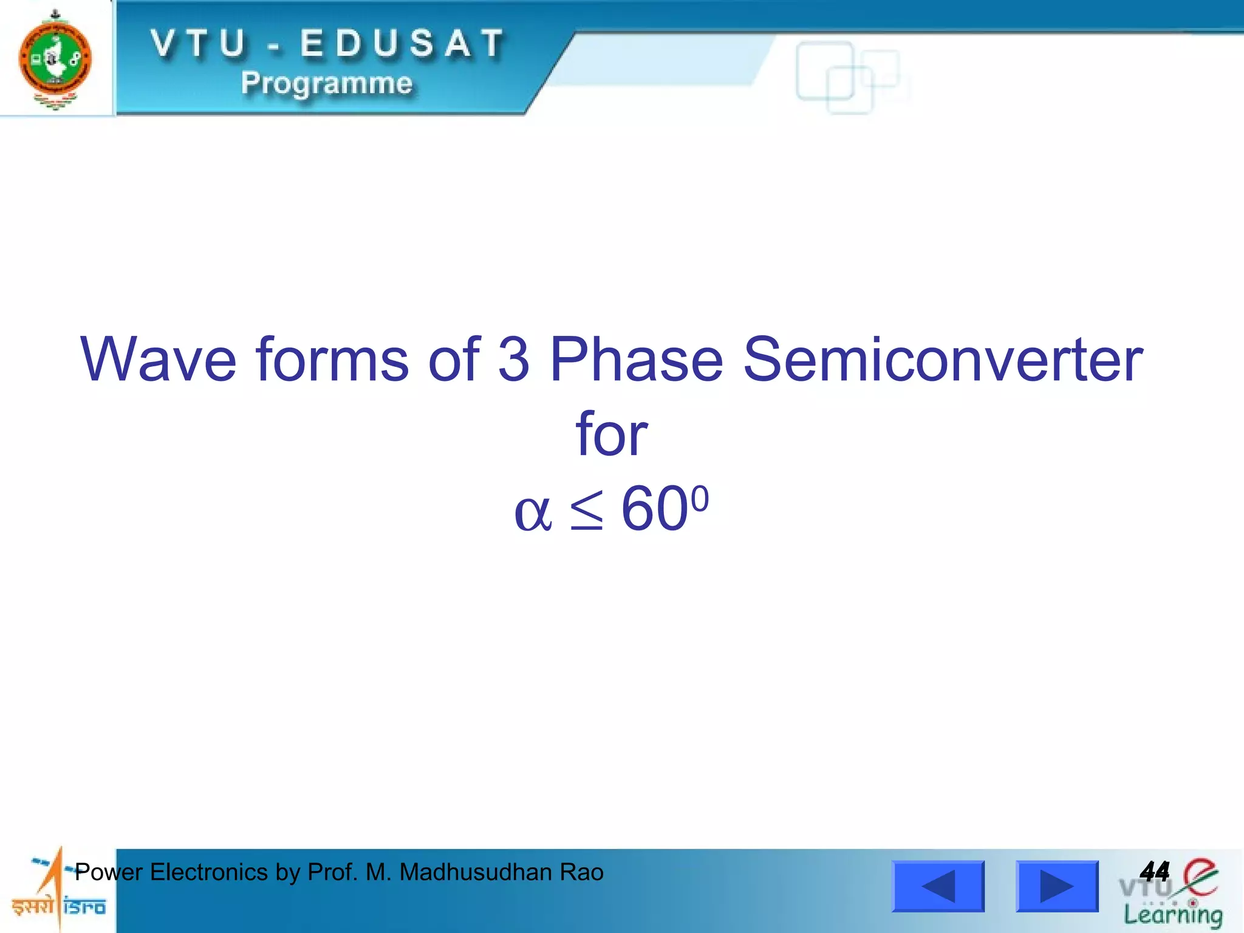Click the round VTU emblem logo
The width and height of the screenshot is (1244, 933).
coord(55,59)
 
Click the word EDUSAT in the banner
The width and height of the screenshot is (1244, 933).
coord(403,44)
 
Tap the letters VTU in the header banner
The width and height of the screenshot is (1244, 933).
coord(199,44)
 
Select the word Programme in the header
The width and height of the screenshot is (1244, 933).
coord(327,83)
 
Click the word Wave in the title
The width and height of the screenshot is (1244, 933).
coord(159,360)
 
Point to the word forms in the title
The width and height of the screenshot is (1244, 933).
coord(332,360)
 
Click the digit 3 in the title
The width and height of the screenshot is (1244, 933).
coord(514,360)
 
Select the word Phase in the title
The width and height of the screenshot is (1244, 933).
coord(636,360)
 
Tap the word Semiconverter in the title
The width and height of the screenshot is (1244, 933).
coord(943,360)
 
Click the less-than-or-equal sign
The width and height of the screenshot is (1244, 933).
coord(587,510)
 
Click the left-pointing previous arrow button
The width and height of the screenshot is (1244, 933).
coord(938,886)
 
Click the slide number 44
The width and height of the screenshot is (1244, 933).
coord(1155,872)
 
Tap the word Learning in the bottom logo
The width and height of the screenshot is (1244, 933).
coord(1173,915)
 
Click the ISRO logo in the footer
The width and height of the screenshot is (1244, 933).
coord(58,890)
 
